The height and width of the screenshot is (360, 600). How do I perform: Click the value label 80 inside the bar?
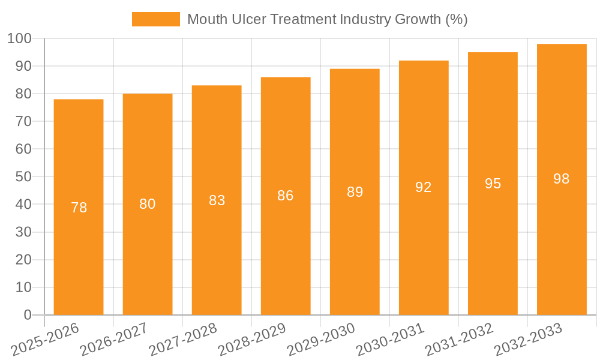(x=148, y=204)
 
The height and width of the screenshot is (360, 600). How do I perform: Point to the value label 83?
(x=217, y=200)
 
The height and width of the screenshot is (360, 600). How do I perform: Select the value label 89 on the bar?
(x=355, y=192)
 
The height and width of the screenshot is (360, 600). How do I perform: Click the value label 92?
(x=424, y=187)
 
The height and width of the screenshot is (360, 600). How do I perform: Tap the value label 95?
(x=493, y=184)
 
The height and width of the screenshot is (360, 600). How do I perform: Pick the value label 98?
(x=562, y=179)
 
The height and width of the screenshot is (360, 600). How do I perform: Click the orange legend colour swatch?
(x=156, y=19)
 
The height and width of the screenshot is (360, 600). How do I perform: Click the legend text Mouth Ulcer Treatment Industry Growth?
(x=327, y=19)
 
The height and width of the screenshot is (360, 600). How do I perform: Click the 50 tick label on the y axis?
(x=23, y=177)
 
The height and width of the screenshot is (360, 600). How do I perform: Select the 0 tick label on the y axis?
(x=28, y=315)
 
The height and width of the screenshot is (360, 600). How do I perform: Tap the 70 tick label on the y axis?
(x=23, y=122)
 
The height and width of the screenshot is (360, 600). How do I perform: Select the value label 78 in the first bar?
(x=79, y=208)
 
